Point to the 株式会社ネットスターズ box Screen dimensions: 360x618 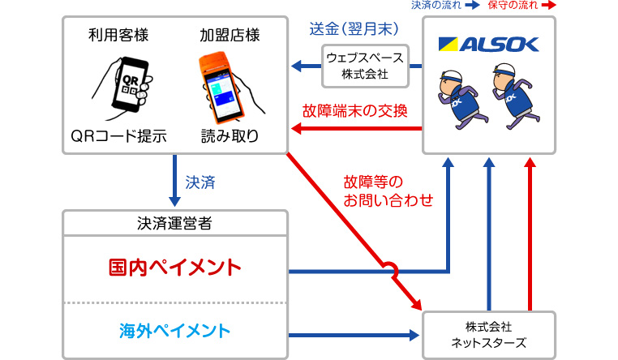pos(487,334)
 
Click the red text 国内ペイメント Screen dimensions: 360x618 pos(175,267)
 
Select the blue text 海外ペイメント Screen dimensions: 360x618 pos(175,330)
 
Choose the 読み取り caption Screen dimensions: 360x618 pos(230,136)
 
